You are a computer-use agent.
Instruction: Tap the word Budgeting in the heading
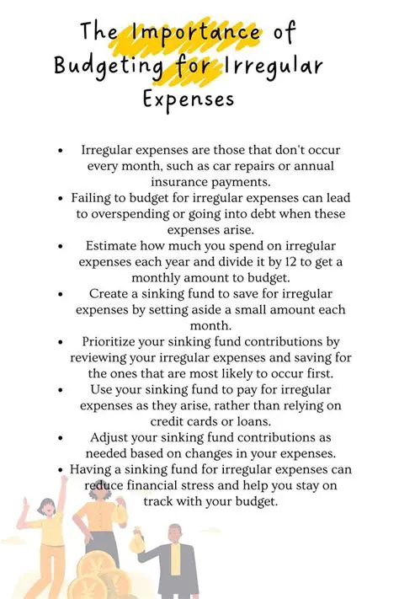click(x=107, y=66)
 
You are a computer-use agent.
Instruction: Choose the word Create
click(x=110, y=292)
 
